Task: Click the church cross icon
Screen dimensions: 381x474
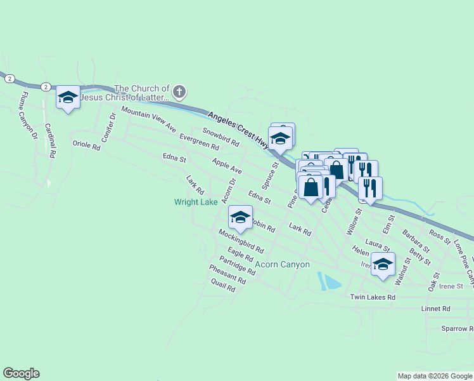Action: coord(179,93)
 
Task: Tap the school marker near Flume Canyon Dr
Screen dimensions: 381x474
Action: coord(68,98)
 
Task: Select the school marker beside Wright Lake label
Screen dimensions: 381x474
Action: coord(240,217)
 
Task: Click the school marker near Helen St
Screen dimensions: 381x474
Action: coord(383,264)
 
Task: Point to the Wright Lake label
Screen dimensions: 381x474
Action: coord(196,202)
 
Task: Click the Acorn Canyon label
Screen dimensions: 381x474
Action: coord(283,264)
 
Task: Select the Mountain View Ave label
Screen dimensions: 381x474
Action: coord(148,119)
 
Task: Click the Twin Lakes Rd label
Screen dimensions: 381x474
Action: coord(373,297)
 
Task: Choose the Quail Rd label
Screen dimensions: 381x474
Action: coord(222,286)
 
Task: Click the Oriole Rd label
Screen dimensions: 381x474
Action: coord(87,146)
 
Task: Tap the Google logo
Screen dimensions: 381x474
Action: coord(22,373)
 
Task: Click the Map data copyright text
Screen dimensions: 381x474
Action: coord(435,376)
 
